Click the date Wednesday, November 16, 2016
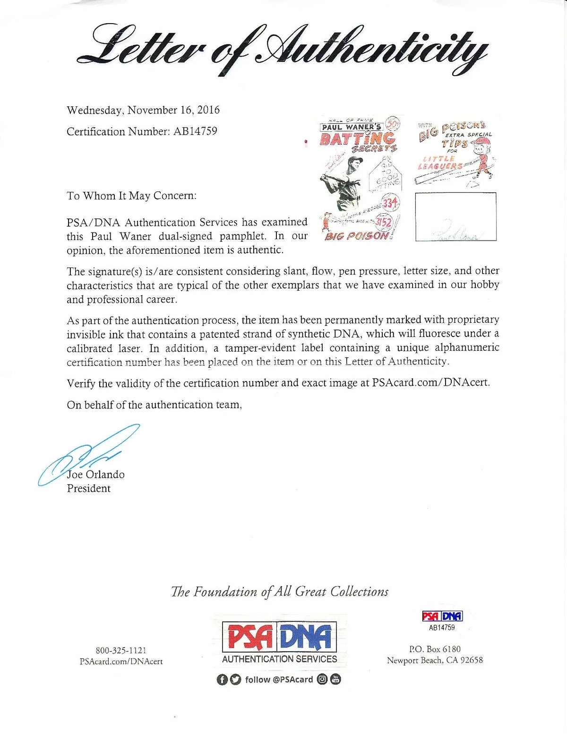click(143, 110)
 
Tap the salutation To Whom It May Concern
click(131, 196)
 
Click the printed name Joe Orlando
click(96, 475)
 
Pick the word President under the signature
click(89, 489)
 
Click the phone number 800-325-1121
click(121, 651)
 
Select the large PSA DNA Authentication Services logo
click(279, 642)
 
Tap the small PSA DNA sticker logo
click(442, 616)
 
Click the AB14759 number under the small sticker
click(442, 628)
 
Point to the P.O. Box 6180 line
click(435, 649)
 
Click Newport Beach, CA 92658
click(435, 660)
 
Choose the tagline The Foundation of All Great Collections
click(280, 592)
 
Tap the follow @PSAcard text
click(279, 680)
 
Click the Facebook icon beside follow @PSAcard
click(222, 680)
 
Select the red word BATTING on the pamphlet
click(358, 138)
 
